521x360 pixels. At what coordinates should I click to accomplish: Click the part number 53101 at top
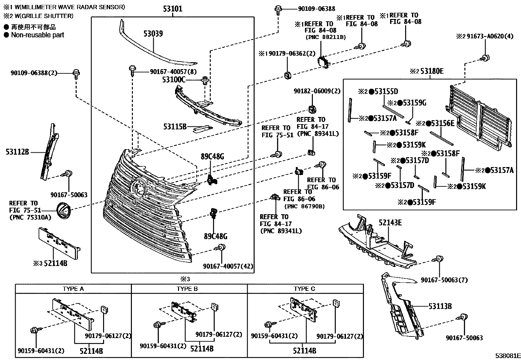point(173,9)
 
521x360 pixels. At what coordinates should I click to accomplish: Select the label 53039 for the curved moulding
point(153,33)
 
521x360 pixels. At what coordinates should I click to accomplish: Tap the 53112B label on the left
point(17,152)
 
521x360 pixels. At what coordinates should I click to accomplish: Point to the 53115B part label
point(175,126)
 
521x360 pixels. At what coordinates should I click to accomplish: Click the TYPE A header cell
point(73,289)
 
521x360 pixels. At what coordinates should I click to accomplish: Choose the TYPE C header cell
point(305,289)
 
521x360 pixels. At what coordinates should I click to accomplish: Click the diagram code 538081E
point(507,356)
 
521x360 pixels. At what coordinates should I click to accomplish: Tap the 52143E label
point(390,223)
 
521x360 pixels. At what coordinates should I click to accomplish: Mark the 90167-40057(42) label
point(228,266)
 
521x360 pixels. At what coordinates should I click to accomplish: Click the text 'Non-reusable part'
point(38,35)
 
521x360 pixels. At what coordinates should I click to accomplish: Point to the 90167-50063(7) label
point(444,280)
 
